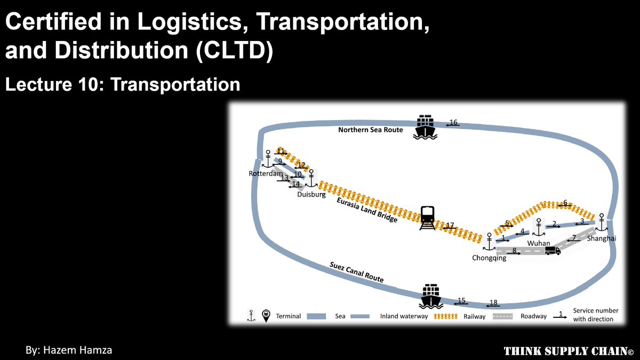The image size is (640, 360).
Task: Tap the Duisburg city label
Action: [311, 195]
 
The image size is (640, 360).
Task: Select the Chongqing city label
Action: [489, 258]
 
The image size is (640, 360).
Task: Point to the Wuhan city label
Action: [538, 243]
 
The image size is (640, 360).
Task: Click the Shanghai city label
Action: [601, 238]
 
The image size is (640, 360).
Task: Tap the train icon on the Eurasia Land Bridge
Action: [427, 218]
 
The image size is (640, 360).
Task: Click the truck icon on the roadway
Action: [553, 250]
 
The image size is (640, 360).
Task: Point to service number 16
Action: [453, 122]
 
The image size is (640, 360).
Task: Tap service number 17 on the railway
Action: [450, 226]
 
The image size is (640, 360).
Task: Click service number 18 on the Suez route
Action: [493, 303]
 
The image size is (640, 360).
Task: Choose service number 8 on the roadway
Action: [514, 251]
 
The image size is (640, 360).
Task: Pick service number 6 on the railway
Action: [565, 203]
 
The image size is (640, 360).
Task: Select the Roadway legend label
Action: [534, 316]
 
